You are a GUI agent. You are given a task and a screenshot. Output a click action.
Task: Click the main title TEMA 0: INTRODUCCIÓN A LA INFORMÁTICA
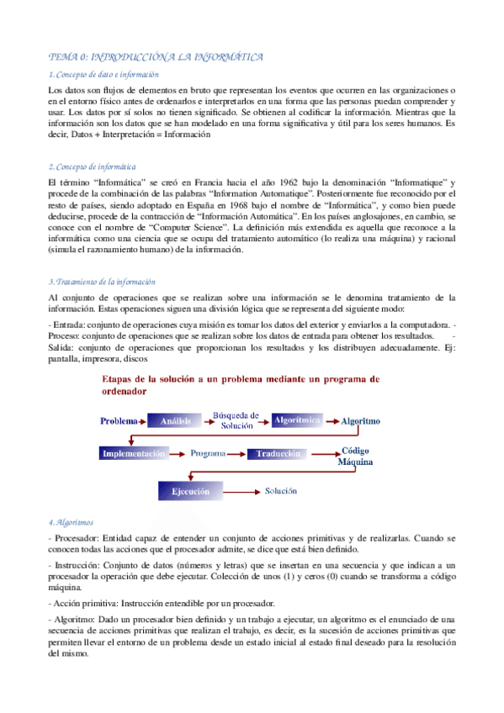(x=156, y=57)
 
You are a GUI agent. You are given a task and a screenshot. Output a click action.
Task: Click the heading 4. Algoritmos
(x=72, y=522)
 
